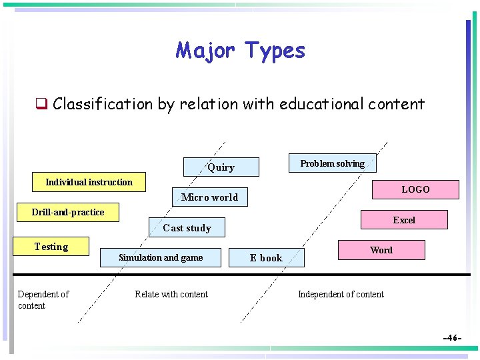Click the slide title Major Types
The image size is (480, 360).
click(x=240, y=51)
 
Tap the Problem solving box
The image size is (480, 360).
click(x=332, y=163)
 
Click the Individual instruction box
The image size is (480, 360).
click(x=89, y=182)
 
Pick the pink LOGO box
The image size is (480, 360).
click(x=415, y=189)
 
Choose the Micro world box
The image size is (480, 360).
click(x=209, y=197)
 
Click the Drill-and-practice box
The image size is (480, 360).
click(x=68, y=212)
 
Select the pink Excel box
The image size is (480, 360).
click(x=403, y=220)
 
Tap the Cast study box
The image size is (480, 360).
click(x=187, y=228)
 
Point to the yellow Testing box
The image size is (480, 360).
click(x=51, y=247)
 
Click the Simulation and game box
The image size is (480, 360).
click(x=161, y=257)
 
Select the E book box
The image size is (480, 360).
click(x=266, y=258)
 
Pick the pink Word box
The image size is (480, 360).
click(x=381, y=250)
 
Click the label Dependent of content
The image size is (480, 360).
click(x=43, y=300)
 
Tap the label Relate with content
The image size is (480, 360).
click(x=171, y=294)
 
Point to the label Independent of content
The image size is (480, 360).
click(x=341, y=294)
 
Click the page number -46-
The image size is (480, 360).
click(x=453, y=338)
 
